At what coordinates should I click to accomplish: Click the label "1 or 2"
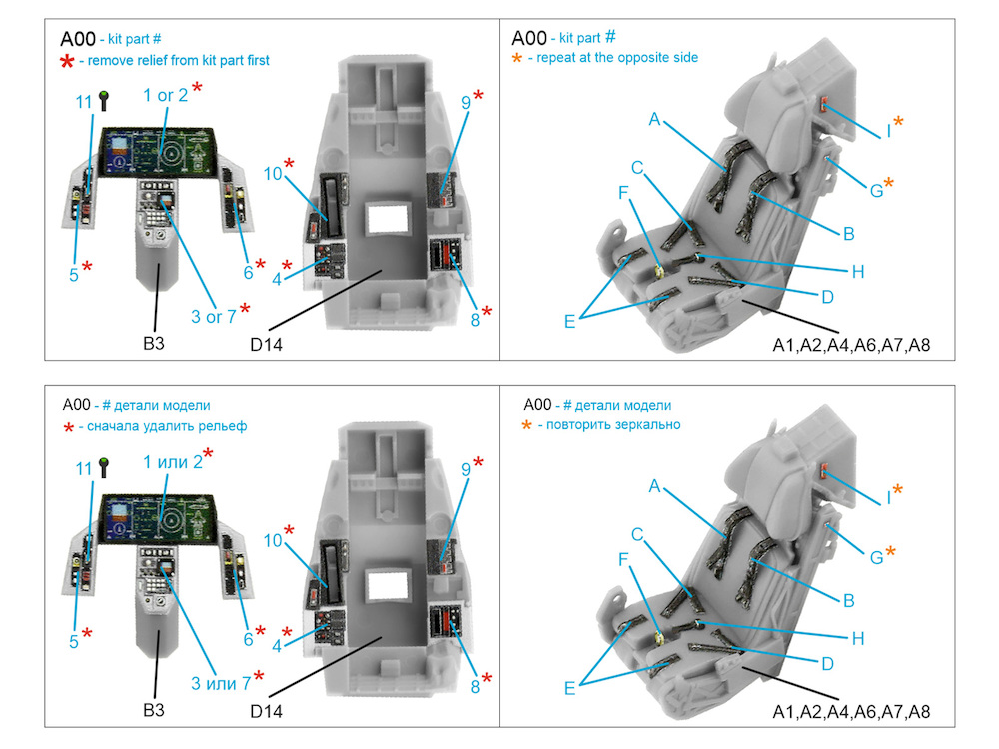164,95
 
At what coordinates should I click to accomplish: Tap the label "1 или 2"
172,462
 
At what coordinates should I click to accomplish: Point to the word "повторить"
576,424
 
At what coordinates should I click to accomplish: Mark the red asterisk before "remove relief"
67,63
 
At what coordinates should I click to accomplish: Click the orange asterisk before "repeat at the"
516,59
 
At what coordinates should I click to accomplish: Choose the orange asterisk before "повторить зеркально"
526,426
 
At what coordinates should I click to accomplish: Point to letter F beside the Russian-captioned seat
625,559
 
